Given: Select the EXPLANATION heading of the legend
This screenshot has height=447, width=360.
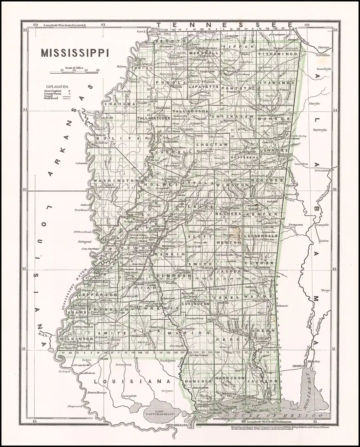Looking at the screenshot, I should [x=57, y=86].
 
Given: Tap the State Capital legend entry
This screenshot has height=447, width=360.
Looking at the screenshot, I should [x=54, y=91].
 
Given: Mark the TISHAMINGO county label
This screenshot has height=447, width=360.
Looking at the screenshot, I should [x=278, y=54].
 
